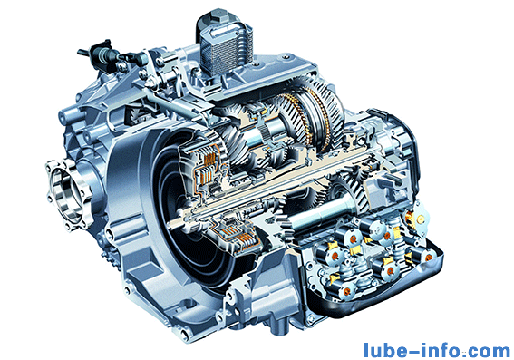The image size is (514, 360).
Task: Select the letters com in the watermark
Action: pyautogui.click(x=490, y=352)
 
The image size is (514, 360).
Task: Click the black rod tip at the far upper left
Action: pyautogui.click(x=82, y=52)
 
